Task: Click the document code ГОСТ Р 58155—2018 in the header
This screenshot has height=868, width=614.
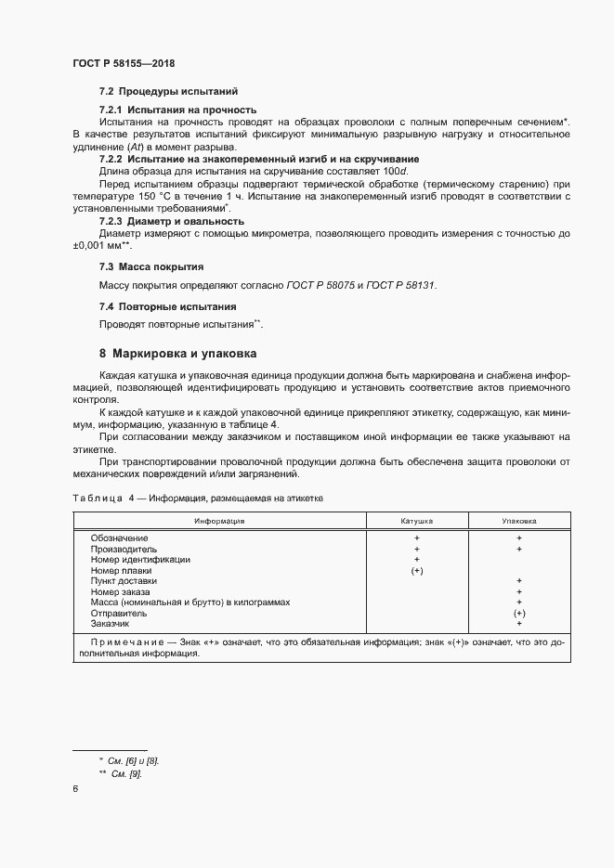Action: [x=124, y=63]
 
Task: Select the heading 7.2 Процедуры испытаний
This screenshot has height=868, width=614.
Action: [x=168, y=92]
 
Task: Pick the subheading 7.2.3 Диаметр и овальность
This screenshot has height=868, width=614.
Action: [x=172, y=221]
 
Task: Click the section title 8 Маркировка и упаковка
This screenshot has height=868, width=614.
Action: [x=178, y=354]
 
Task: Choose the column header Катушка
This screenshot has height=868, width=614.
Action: [x=417, y=522]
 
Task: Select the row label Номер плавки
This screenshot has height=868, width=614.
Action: [x=121, y=571]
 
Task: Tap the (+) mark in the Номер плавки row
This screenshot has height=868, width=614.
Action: [x=417, y=571]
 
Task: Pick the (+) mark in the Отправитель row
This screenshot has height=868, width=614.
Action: [x=518, y=614]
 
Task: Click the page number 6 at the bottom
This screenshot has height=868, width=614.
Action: [x=74, y=789]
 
